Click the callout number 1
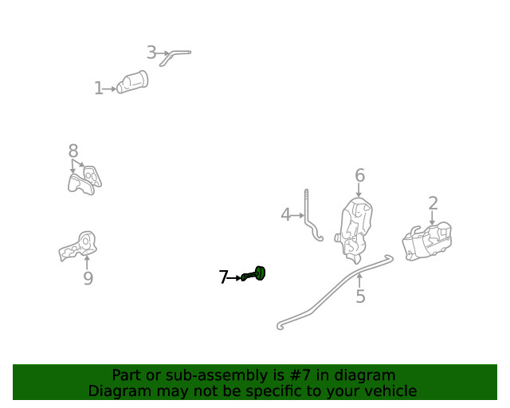click(x=99, y=88)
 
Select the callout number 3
click(x=151, y=53)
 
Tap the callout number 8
click(x=73, y=151)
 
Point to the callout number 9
click(x=88, y=278)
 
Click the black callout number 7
click(x=223, y=277)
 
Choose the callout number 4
click(x=285, y=215)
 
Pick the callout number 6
click(x=359, y=175)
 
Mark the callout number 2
click(x=433, y=203)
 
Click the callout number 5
click(x=360, y=296)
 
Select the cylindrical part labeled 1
click(x=133, y=82)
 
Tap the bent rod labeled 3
click(x=175, y=56)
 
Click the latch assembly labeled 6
click(x=354, y=229)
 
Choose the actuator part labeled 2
click(x=427, y=241)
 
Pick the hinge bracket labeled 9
click(x=79, y=246)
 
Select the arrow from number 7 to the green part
click(x=234, y=278)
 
